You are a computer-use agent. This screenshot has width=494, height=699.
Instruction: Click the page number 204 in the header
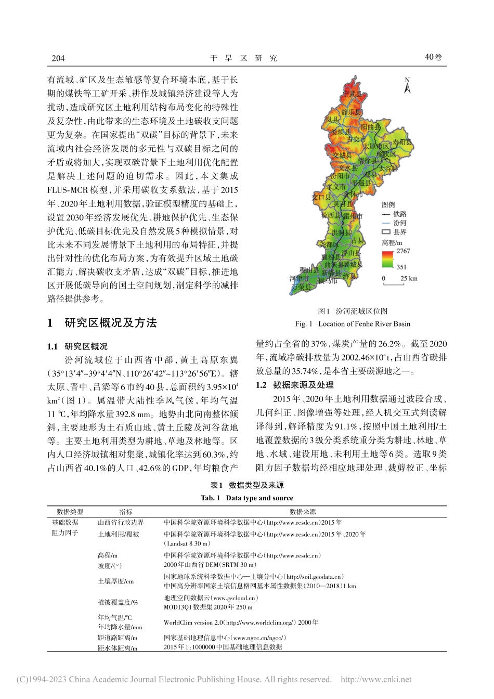point(57,58)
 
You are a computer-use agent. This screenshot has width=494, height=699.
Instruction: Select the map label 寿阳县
point(401,141)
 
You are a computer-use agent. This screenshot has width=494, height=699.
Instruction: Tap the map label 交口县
point(321,198)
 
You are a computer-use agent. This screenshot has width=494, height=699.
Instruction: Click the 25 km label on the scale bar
point(409,279)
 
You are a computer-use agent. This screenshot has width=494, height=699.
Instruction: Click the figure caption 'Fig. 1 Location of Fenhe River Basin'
point(353,323)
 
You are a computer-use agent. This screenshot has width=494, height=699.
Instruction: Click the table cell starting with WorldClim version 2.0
point(241,622)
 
